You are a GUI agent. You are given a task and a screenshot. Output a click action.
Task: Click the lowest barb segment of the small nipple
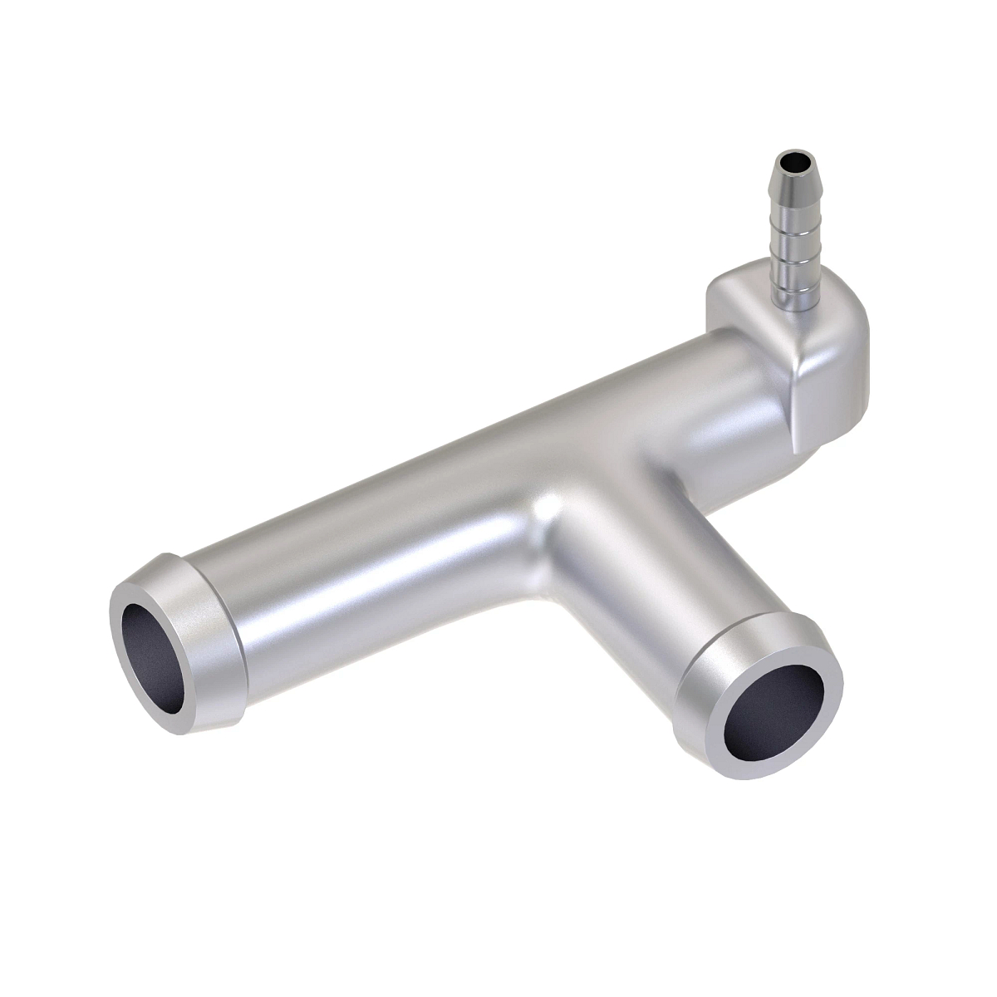click(782, 287)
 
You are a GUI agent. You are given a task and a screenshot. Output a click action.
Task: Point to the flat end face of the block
click(831, 390)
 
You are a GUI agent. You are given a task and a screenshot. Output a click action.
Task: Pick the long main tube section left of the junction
click(374, 532)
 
